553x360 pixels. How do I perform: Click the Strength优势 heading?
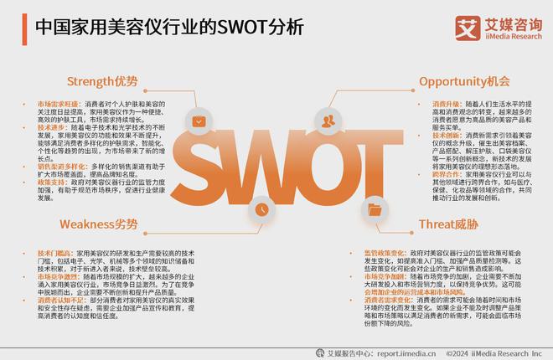[x=102, y=81]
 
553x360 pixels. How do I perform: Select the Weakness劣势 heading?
[x=98, y=224]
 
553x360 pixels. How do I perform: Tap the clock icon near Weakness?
[x=262, y=208]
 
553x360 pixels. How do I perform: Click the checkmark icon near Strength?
[x=198, y=121]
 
